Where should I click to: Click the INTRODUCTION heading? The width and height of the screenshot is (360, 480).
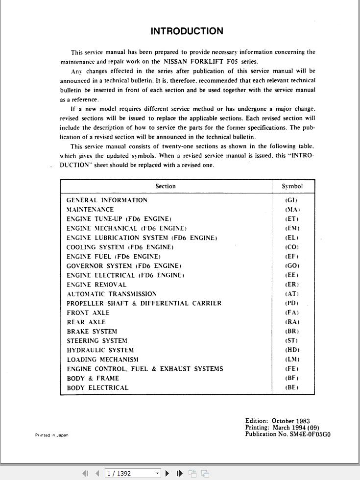click(x=187, y=31)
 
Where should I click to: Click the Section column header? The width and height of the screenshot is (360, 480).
click(x=166, y=186)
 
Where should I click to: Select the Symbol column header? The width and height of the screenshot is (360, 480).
click(x=292, y=186)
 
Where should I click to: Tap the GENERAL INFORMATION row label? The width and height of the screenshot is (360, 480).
click(x=107, y=200)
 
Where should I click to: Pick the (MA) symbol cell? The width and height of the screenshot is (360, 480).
click(x=292, y=210)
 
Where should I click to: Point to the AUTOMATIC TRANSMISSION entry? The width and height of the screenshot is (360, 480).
click(x=112, y=294)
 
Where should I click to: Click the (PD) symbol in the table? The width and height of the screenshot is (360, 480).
click(x=292, y=303)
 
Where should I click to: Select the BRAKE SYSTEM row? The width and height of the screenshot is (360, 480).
click(x=92, y=332)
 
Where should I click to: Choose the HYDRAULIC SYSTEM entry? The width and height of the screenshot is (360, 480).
click(x=100, y=350)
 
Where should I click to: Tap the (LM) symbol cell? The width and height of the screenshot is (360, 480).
click(x=292, y=360)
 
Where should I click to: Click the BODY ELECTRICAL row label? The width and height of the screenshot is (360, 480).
click(x=97, y=388)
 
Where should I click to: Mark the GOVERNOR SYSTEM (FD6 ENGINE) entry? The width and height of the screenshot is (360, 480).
click(x=123, y=266)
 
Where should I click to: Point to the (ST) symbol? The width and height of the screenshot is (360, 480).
click(x=292, y=341)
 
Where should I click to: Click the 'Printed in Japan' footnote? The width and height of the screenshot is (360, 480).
click(x=51, y=435)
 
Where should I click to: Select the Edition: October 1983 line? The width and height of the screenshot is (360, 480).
click(x=277, y=421)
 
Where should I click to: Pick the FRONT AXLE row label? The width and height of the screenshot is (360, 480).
click(x=88, y=313)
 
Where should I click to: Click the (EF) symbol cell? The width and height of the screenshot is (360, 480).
click(x=292, y=257)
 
